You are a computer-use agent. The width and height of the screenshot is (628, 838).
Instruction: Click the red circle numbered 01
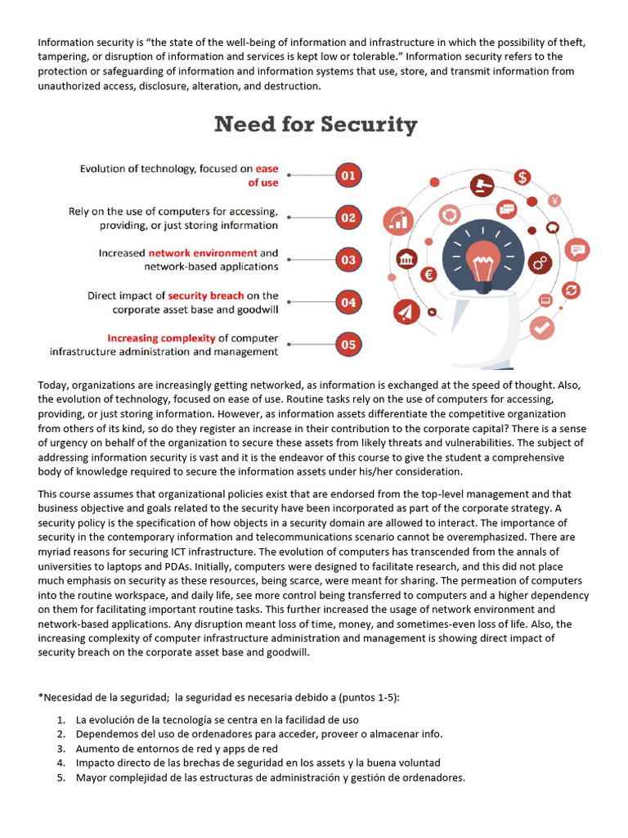(348, 175)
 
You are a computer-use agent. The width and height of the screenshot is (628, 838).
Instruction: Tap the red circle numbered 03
(348, 260)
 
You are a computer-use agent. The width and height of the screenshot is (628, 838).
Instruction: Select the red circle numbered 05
(348, 345)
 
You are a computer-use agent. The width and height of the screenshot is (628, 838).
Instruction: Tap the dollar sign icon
(523, 177)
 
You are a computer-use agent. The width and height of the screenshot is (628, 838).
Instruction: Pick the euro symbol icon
(428, 275)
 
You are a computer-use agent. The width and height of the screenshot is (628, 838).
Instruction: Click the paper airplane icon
(406, 311)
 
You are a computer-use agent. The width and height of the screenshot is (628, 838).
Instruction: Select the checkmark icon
(541, 328)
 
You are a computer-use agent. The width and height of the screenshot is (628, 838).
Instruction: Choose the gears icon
(540, 263)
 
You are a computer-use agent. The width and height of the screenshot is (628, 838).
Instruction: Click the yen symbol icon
(554, 200)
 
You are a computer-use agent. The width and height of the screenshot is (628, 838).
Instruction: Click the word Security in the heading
(369, 125)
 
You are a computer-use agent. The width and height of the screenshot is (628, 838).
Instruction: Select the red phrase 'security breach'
(205, 295)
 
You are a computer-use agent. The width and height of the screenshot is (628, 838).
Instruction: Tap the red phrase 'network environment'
(203, 253)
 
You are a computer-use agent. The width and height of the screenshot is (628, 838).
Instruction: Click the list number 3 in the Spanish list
(61, 749)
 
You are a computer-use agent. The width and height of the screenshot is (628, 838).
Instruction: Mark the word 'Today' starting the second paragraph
(53, 385)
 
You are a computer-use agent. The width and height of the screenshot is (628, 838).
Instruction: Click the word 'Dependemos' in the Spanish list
(105, 734)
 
